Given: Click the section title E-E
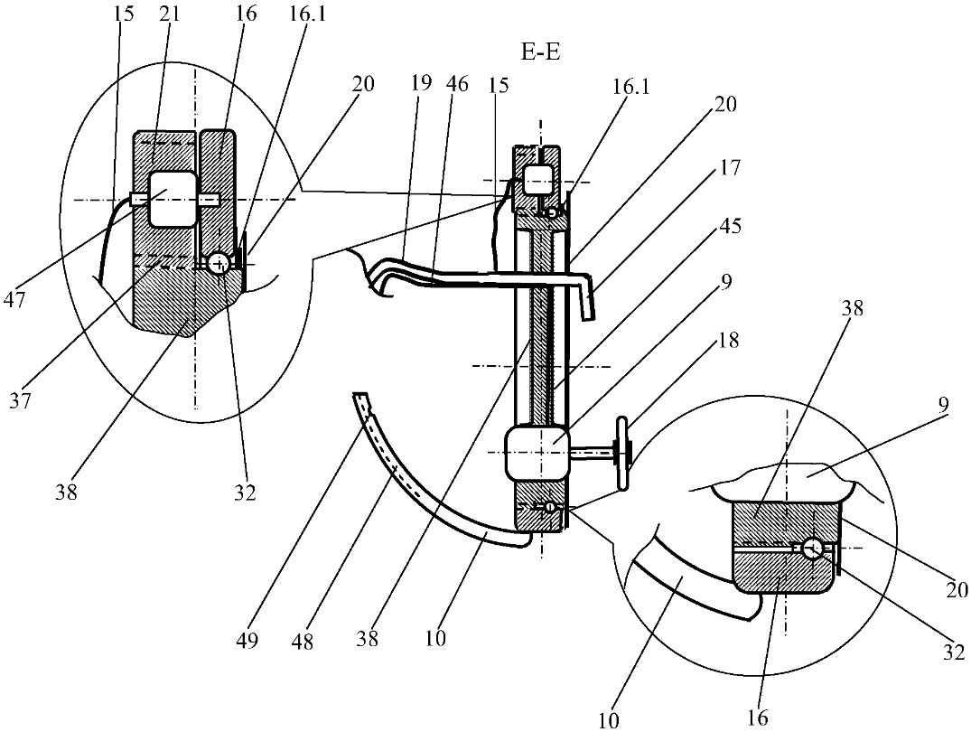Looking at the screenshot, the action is click(x=540, y=52).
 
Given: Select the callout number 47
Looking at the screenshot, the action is click(x=15, y=301).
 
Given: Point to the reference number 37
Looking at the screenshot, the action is click(x=21, y=400).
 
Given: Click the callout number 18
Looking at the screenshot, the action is click(x=729, y=341).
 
